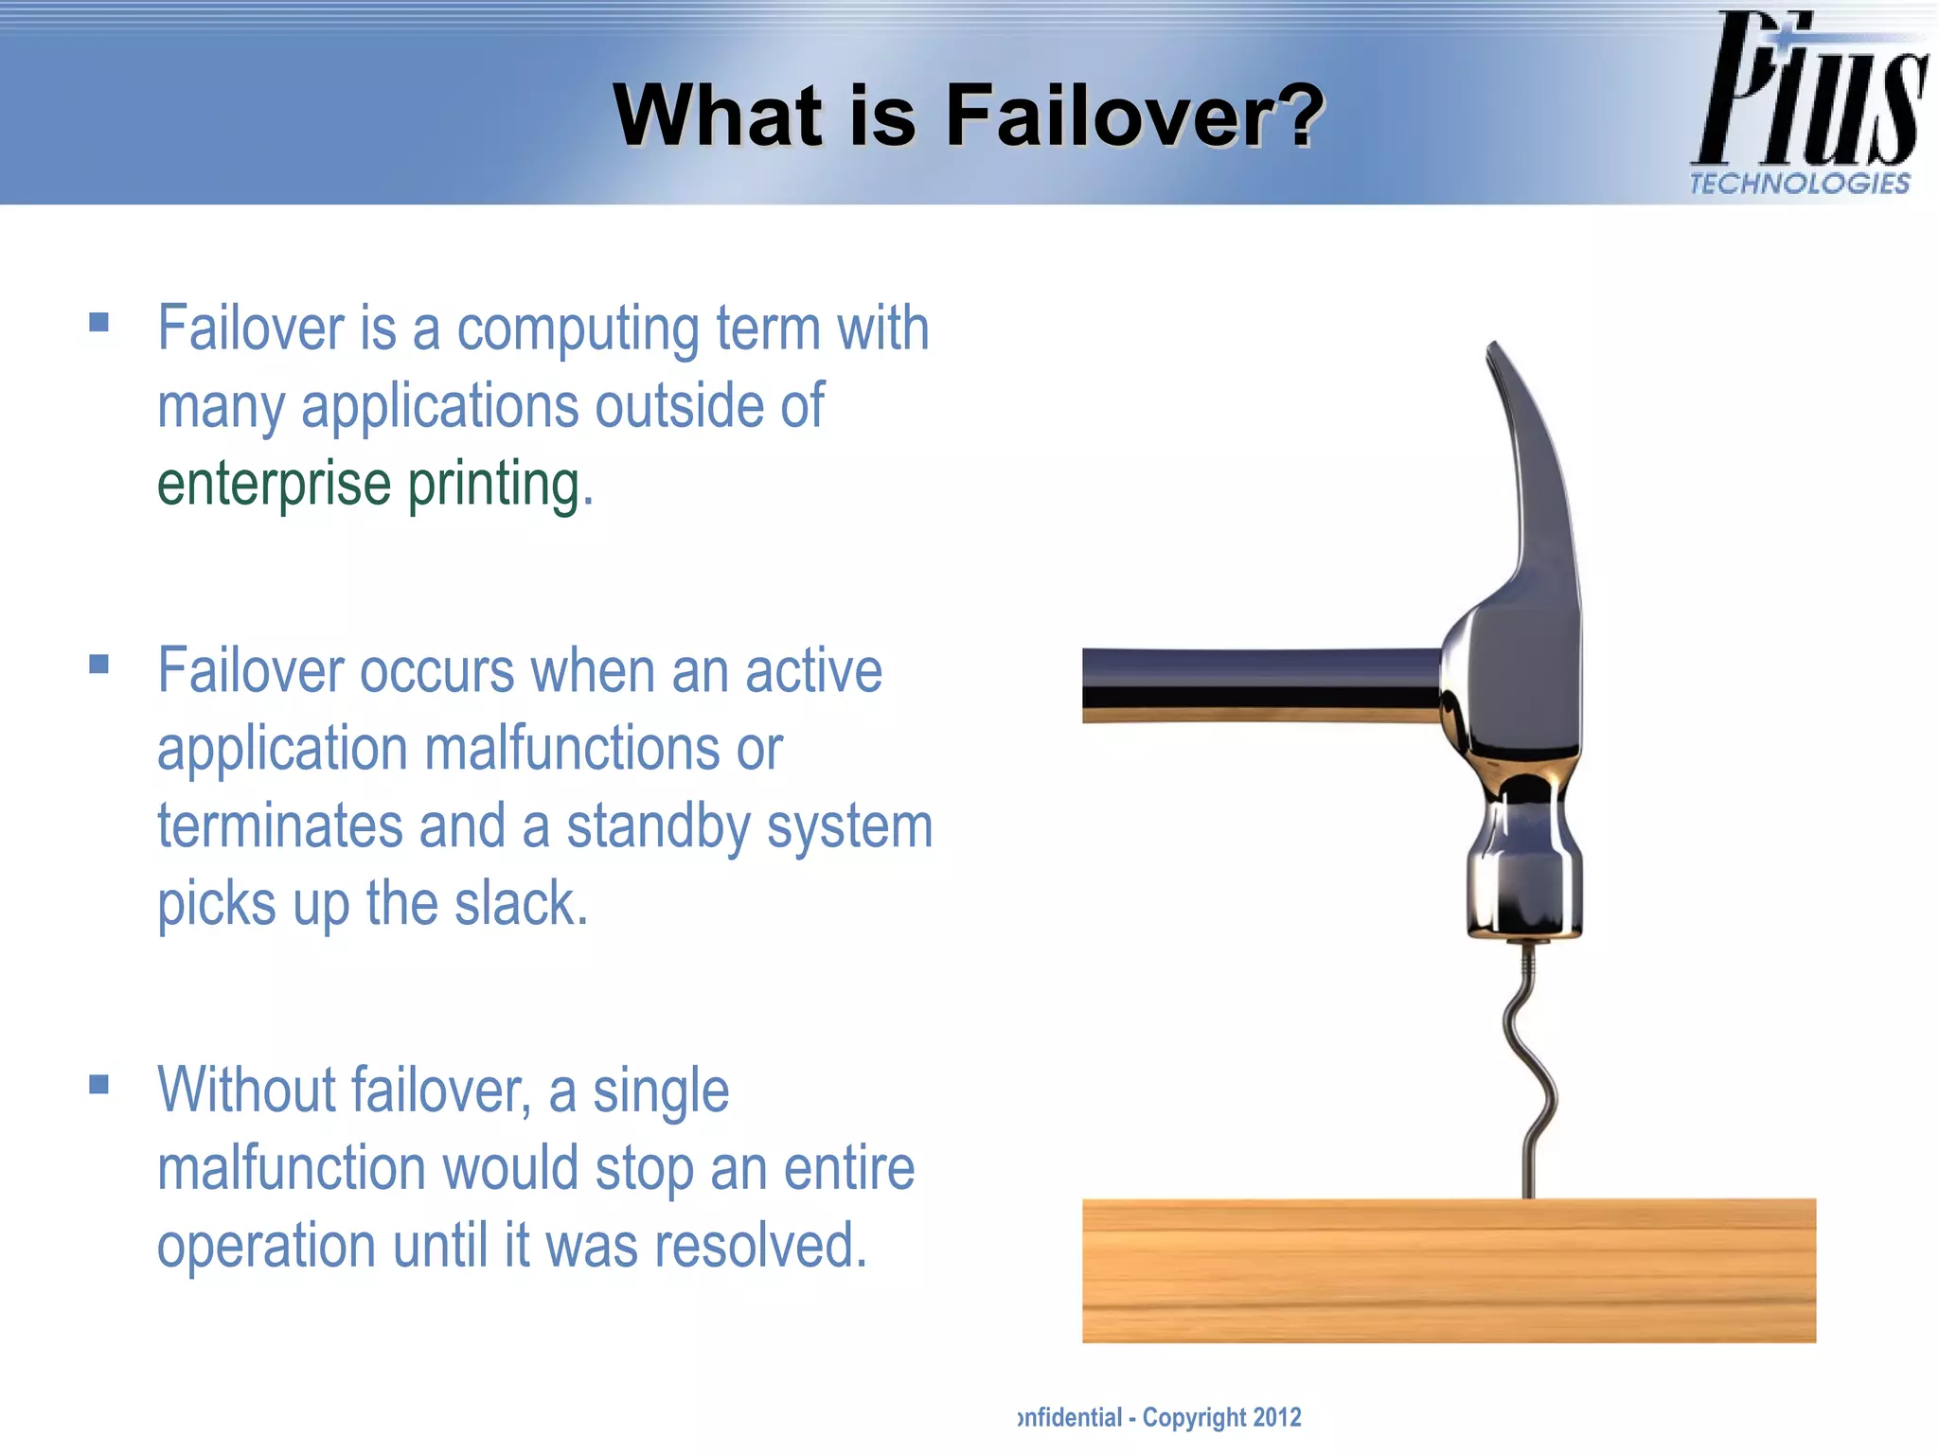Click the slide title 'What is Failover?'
tap(968, 115)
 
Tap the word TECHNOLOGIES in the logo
tap(1799, 184)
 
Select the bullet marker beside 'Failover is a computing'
tap(99, 323)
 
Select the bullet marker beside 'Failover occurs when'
tap(99, 665)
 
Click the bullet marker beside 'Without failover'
tap(99, 1084)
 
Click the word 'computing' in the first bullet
tap(578, 329)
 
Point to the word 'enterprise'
tap(274, 484)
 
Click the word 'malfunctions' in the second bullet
tap(572, 749)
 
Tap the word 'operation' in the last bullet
tap(266, 1247)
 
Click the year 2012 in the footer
tap(1277, 1417)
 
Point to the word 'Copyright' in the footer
tap(1194, 1417)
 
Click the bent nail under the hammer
tap(1532, 1070)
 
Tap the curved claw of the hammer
tap(1534, 454)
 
